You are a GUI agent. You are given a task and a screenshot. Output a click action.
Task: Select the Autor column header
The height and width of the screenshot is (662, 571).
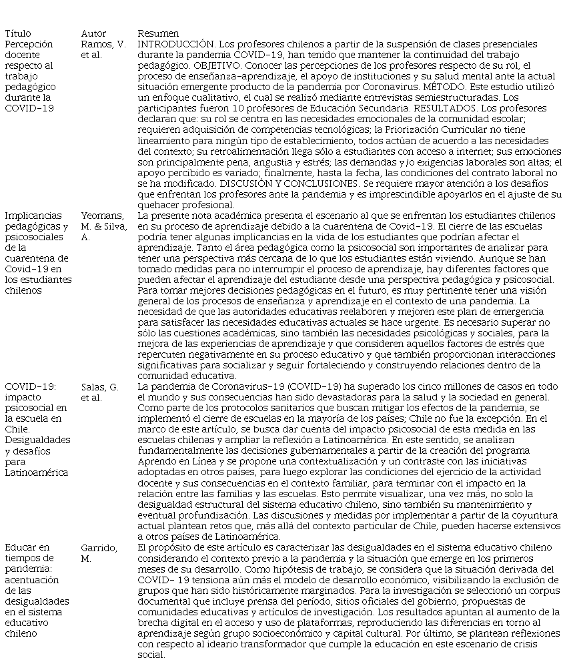point(93,33)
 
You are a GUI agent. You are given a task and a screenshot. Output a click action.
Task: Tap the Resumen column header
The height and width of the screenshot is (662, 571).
point(158,33)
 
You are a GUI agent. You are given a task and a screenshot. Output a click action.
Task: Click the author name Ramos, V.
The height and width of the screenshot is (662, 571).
point(103,44)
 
